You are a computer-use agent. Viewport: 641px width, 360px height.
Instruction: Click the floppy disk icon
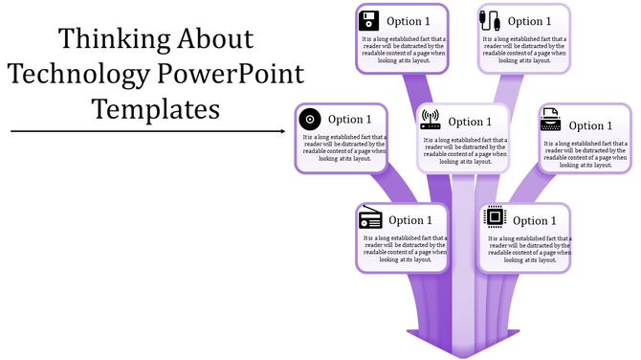[x=370, y=21]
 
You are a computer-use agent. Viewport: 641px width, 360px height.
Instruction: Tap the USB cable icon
[x=490, y=21]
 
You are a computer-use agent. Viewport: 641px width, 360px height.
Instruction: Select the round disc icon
[x=310, y=120]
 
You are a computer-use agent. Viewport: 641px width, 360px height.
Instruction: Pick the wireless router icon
[x=430, y=121]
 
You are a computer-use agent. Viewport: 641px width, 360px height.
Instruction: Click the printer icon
[x=550, y=122]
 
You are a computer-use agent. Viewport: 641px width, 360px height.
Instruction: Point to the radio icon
[x=370, y=219]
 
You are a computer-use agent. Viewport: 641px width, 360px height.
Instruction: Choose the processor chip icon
[x=494, y=218]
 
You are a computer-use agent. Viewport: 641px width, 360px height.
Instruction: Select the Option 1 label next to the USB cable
[x=529, y=21]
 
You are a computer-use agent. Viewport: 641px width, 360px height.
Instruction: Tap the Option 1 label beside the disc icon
[x=350, y=120]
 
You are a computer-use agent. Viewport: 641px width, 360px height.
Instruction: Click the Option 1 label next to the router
[x=470, y=122]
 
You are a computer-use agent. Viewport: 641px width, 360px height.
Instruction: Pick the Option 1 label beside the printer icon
[x=590, y=125]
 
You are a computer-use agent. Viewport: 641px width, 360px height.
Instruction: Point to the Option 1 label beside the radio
[x=410, y=220]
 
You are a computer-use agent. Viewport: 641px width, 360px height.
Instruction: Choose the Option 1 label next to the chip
[x=534, y=221]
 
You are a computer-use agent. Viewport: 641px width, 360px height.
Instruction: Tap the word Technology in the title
[x=79, y=74]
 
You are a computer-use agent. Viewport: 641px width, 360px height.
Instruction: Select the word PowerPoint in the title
[x=230, y=74]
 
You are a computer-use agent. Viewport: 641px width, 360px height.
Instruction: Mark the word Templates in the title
[x=156, y=107]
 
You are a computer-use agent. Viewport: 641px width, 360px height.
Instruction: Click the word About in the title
[x=215, y=39]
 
